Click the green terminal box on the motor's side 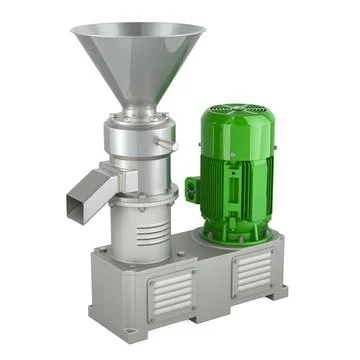point(192,188)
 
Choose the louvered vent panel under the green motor point(251,272)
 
